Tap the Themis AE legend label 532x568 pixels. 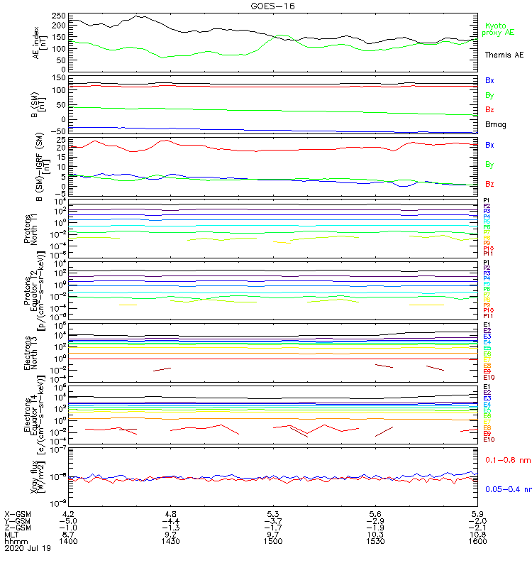coord(504,55)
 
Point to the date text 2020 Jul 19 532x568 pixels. coord(27,549)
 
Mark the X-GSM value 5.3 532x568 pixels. coord(273,513)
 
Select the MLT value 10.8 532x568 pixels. coord(477,535)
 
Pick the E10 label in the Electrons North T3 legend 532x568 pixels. coord(489,377)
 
